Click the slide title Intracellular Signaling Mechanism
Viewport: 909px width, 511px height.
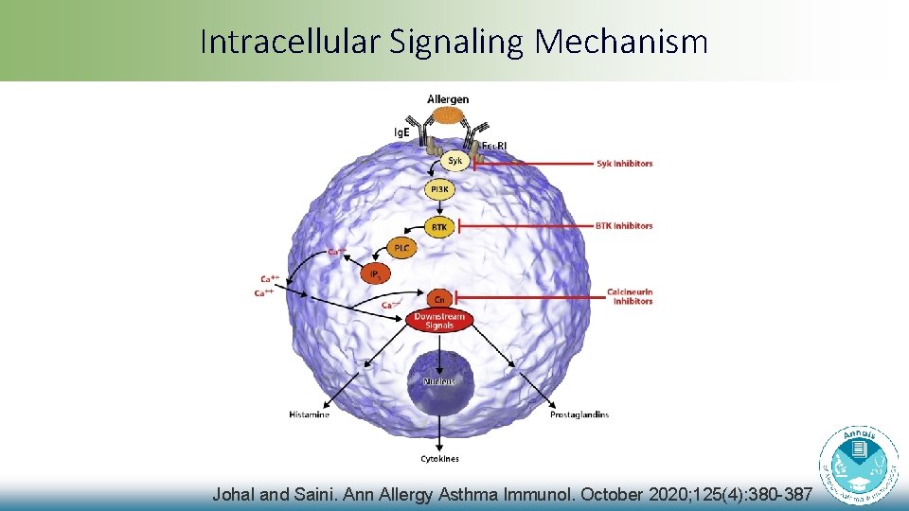click(x=454, y=41)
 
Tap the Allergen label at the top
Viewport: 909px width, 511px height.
click(x=448, y=99)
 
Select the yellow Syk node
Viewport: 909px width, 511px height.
click(x=455, y=162)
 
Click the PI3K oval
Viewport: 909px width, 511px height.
click(x=440, y=190)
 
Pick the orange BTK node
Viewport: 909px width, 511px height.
click(x=439, y=227)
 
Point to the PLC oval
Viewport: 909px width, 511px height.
click(x=401, y=248)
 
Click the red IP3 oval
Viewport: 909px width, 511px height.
click(x=375, y=274)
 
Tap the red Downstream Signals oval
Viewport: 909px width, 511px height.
click(x=439, y=321)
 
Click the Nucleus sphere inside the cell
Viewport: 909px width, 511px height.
click(x=439, y=382)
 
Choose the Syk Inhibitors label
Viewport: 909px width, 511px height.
click(x=624, y=164)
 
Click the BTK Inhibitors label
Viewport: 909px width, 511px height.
click(x=624, y=226)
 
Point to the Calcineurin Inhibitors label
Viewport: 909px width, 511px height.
click(x=630, y=297)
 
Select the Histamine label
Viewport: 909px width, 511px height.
click(x=309, y=414)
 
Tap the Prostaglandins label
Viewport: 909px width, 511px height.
click(x=579, y=414)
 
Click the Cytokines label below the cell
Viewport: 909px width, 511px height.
click(x=439, y=459)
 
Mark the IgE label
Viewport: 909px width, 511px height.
click(x=402, y=132)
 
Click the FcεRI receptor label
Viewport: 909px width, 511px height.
click(x=495, y=146)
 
